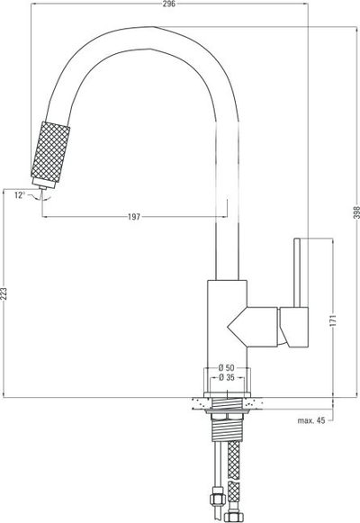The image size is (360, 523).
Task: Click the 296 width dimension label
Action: [169, 4]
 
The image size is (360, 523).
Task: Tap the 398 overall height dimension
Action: [356, 212]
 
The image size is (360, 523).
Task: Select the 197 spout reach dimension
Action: [134, 217]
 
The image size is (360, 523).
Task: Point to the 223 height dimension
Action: [4, 293]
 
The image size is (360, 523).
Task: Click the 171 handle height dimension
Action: [333, 320]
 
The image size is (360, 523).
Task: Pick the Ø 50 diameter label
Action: [226, 368]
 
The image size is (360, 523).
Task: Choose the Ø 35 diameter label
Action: [226, 377]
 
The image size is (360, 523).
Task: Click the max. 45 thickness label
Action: [311, 420]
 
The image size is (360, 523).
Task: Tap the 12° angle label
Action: [20, 195]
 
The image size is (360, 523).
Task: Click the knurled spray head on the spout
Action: [50, 152]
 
